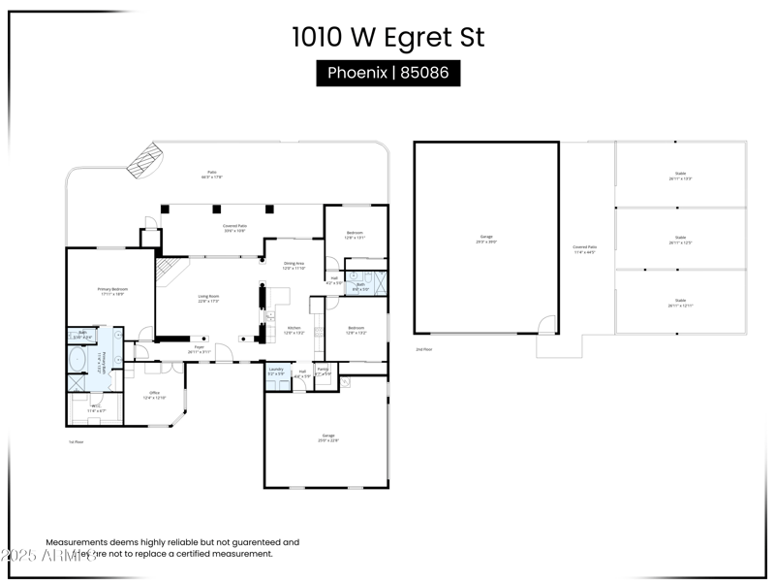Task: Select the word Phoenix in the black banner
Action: (x=357, y=73)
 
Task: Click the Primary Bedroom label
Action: (x=112, y=290)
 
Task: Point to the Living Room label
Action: (x=208, y=299)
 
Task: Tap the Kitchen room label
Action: (x=294, y=330)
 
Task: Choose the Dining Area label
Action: (x=294, y=265)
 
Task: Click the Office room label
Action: (x=155, y=395)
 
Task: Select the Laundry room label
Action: (x=276, y=371)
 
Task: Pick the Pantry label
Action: (x=323, y=371)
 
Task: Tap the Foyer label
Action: (x=199, y=348)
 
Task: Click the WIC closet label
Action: (x=96, y=408)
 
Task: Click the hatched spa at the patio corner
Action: (x=144, y=160)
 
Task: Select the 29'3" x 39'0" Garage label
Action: (x=486, y=239)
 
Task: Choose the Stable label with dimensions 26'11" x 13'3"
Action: (x=680, y=177)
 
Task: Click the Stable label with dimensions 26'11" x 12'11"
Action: (x=680, y=304)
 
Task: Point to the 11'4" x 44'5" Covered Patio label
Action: (x=584, y=249)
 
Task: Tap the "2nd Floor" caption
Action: (x=424, y=349)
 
